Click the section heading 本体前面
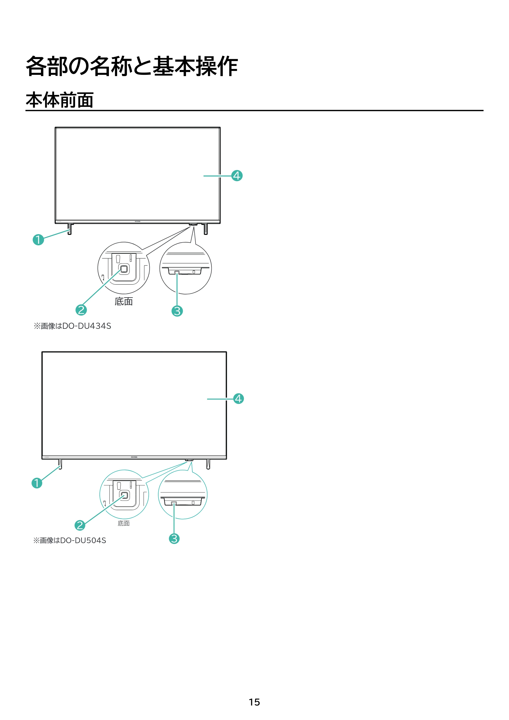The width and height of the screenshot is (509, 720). [60, 100]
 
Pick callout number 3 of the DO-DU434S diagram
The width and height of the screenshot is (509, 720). [177, 311]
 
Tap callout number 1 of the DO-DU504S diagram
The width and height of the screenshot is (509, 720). [37, 483]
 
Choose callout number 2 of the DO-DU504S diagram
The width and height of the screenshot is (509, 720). [80, 525]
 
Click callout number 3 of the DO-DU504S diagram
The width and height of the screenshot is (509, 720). [174, 539]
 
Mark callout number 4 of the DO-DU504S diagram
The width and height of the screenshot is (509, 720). [238, 399]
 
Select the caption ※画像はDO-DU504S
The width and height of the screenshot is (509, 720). [70, 540]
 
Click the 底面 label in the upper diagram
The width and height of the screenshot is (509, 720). [124, 301]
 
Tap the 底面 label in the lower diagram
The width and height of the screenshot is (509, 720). [124, 523]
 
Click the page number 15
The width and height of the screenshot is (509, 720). [254, 702]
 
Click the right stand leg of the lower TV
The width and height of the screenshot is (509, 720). [208, 464]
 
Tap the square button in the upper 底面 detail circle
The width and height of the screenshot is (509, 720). [124, 269]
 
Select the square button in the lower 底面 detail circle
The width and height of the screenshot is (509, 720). [124, 495]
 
